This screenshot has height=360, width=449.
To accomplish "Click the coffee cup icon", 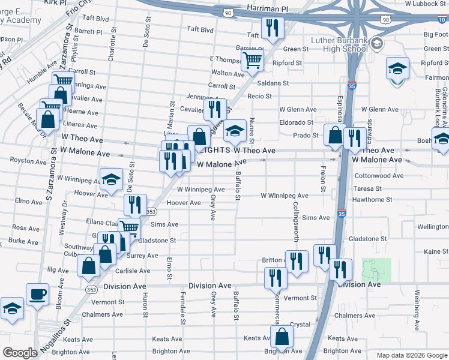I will [37, 295].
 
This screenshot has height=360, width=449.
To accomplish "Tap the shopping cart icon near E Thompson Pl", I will [253, 59].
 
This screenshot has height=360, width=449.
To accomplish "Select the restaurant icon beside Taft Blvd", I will [273, 28].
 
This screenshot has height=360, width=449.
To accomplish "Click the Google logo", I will [20, 353].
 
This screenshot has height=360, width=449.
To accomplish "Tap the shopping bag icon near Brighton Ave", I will [282, 337].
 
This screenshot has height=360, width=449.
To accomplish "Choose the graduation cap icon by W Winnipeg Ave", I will [111, 180].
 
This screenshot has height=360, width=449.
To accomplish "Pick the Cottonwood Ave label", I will [379, 176].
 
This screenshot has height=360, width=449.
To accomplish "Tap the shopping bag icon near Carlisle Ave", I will [89, 265].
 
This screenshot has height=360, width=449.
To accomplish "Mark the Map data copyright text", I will [411, 355].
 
